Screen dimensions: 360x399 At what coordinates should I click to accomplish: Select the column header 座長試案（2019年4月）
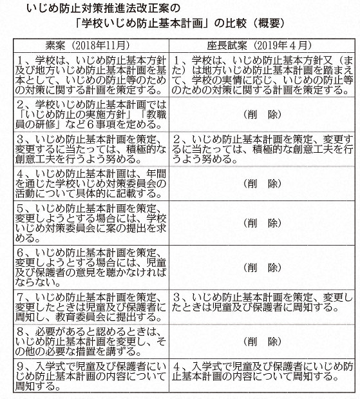(261, 46)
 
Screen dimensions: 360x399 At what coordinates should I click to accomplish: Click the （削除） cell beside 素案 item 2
(261, 113)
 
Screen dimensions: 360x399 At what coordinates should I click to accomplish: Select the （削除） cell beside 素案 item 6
(261, 265)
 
